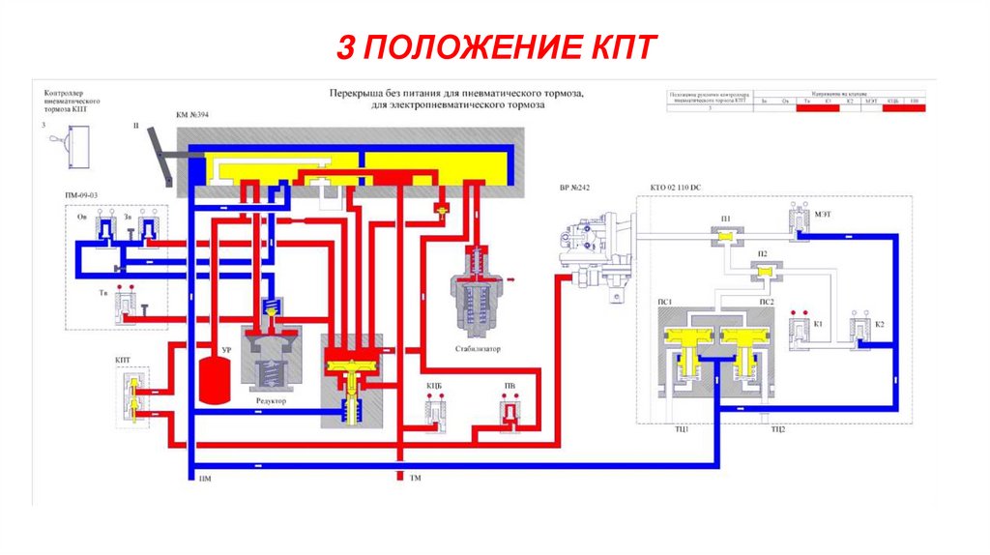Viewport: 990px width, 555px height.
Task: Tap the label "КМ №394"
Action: click(x=192, y=115)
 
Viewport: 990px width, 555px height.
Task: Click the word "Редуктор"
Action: click(x=271, y=400)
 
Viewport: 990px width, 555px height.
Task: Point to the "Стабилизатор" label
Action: click(x=477, y=349)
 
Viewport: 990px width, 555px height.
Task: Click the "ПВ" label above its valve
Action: click(x=510, y=386)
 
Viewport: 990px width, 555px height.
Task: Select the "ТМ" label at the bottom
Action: click(x=416, y=480)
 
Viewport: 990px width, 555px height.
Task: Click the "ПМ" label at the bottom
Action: click(x=204, y=480)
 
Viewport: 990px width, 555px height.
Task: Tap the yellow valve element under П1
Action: click(x=725, y=235)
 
